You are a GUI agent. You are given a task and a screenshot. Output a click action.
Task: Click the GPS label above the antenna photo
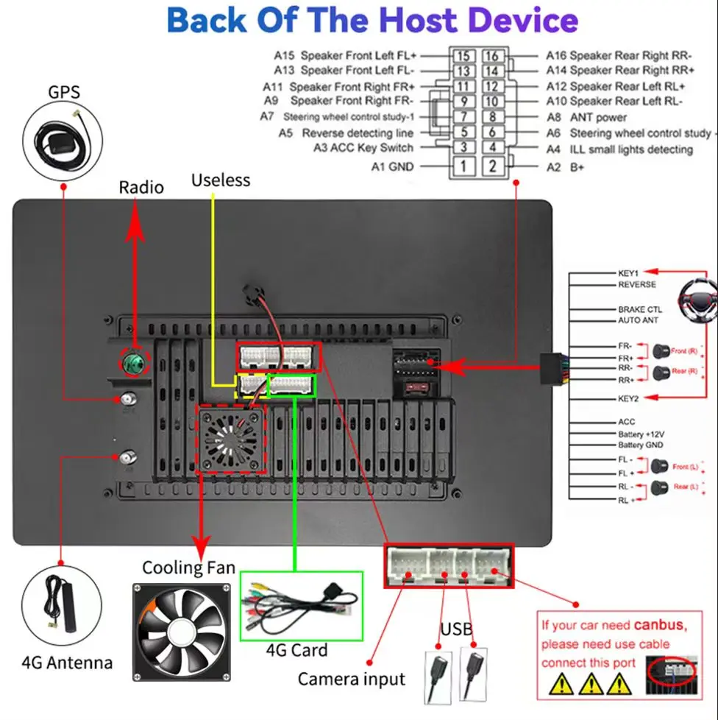(x=63, y=93)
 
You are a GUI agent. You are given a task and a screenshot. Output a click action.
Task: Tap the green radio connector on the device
(x=135, y=362)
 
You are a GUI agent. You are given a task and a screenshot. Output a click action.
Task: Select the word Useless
(x=221, y=180)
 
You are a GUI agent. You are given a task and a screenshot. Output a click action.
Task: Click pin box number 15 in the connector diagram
(x=463, y=56)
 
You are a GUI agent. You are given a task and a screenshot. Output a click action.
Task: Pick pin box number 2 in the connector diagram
(x=493, y=166)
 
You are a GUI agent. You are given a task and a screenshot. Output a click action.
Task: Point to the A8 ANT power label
(x=586, y=117)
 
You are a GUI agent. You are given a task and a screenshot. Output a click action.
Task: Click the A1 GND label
(x=392, y=167)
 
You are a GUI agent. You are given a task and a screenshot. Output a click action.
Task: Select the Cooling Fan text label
(x=188, y=568)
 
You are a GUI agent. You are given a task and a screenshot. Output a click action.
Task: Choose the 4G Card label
(x=297, y=650)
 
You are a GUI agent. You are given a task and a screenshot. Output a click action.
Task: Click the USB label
(x=456, y=629)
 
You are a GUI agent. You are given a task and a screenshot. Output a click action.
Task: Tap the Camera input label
(x=351, y=678)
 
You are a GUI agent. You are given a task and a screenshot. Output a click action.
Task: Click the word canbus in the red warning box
(x=659, y=626)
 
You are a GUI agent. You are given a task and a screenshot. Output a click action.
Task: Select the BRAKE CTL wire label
(x=639, y=310)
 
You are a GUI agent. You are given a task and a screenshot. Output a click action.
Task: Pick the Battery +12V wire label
(x=641, y=434)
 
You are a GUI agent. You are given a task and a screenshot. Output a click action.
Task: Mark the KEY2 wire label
(x=628, y=398)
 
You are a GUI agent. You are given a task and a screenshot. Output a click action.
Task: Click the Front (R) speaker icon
(x=659, y=351)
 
